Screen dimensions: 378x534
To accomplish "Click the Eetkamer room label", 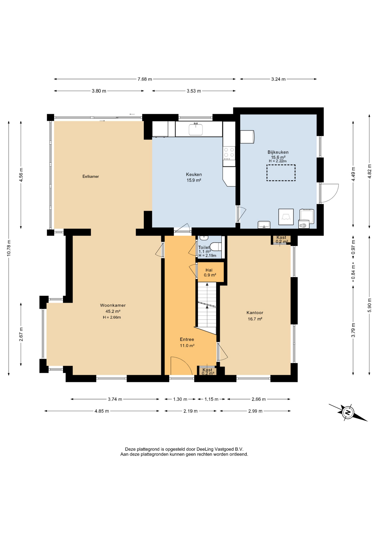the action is [x=90, y=176].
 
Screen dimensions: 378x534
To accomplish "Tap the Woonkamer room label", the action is [x=113, y=305].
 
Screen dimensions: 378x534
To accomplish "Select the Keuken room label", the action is [x=194, y=174].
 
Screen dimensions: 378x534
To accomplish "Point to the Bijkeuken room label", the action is [x=278, y=152].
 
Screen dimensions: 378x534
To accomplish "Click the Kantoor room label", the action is [x=255, y=313].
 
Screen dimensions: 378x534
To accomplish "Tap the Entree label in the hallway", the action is [x=187, y=339].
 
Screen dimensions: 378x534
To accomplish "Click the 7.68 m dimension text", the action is [x=145, y=79].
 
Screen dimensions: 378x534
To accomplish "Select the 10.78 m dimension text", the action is [x=9, y=248].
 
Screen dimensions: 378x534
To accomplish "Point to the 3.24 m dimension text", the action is [x=278, y=79].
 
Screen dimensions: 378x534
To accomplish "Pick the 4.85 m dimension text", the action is [x=102, y=411].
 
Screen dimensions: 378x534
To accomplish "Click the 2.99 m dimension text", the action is [x=255, y=411].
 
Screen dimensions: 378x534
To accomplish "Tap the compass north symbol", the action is [x=348, y=412].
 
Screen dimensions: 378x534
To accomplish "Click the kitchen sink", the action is [x=196, y=129].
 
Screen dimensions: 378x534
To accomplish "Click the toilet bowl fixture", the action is [x=216, y=246].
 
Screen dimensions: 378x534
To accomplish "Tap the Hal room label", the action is [x=209, y=270].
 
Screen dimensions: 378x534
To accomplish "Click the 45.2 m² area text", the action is [x=113, y=311].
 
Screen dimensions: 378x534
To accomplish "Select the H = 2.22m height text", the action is [x=278, y=161].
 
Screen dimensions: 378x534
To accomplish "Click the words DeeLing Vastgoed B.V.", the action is [x=220, y=449].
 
